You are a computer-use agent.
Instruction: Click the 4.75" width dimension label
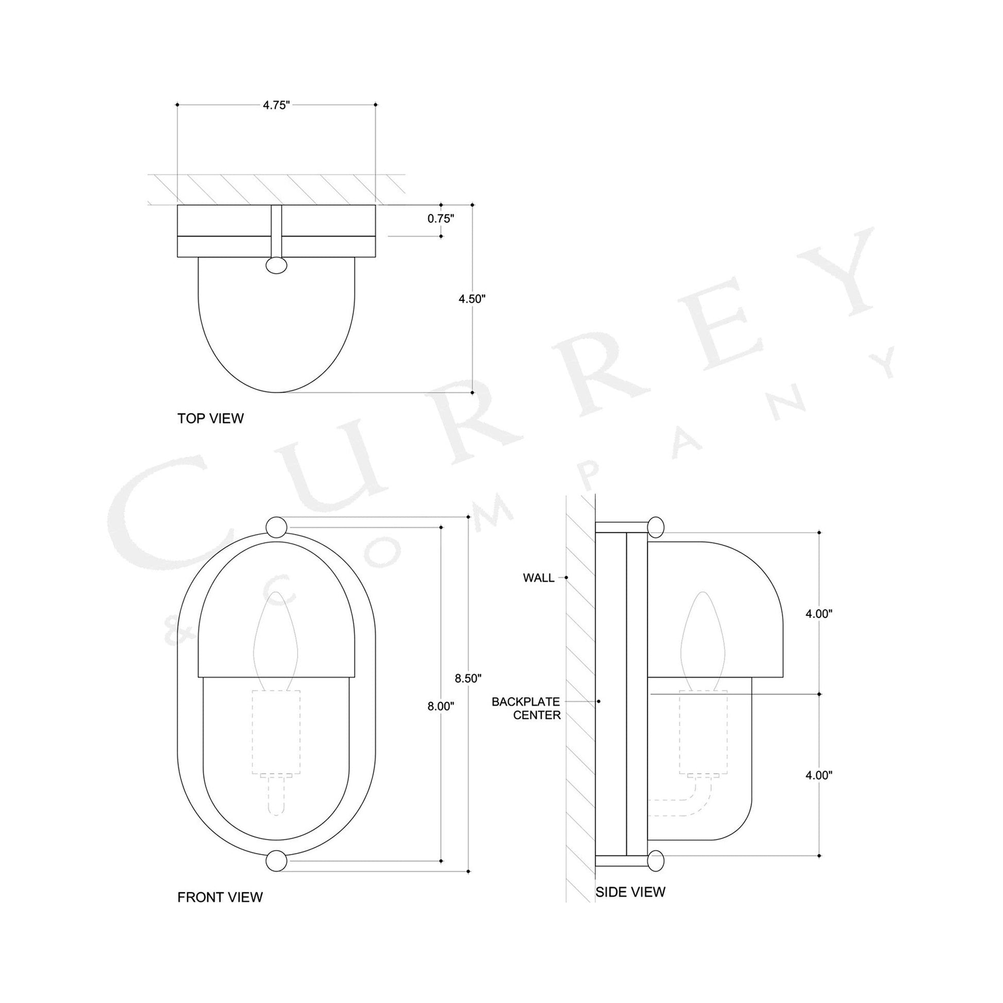pyautogui.click(x=276, y=105)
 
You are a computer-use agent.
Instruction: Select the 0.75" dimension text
pyautogui.click(x=441, y=219)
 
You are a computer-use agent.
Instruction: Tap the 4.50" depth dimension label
pyautogui.click(x=472, y=299)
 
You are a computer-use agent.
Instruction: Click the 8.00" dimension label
pyautogui.click(x=441, y=706)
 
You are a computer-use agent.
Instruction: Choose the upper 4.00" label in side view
pyautogui.click(x=818, y=614)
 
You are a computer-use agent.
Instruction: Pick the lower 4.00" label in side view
pyautogui.click(x=818, y=790)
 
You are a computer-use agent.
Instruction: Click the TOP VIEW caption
pyautogui.click(x=210, y=419)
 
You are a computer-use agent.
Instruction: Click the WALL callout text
pyautogui.click(x=539, y=578)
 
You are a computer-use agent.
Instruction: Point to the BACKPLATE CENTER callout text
pyautogui.click(x=526, y=708)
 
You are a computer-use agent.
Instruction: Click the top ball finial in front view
pyautogui.click(x=276, y=526)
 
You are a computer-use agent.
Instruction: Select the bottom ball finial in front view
pyautogui.click(x=276, y=861)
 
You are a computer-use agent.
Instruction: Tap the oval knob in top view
pyautogui.click(x=276, y=265)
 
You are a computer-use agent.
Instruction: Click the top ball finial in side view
pyautogui.click(x=656, y=527)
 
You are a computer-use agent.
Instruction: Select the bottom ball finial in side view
pyautogui.click(x=656, y=861)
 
